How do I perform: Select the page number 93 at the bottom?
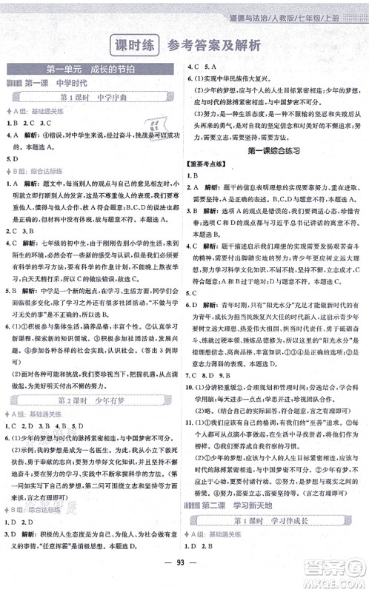(x=184, y=577)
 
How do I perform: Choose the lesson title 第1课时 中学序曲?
(x=93, y=98)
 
